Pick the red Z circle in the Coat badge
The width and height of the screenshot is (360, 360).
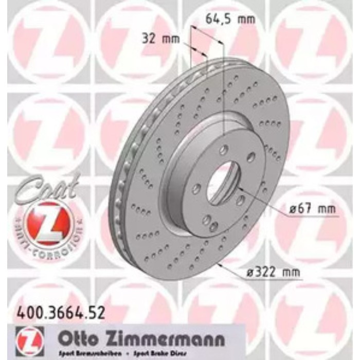44,222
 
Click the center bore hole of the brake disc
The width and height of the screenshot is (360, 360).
223,183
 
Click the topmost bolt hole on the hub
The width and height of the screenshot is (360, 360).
224,150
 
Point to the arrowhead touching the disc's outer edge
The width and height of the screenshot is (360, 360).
220,265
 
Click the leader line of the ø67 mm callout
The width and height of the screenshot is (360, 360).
267,203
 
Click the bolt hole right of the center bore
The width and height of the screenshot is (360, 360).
240,200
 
